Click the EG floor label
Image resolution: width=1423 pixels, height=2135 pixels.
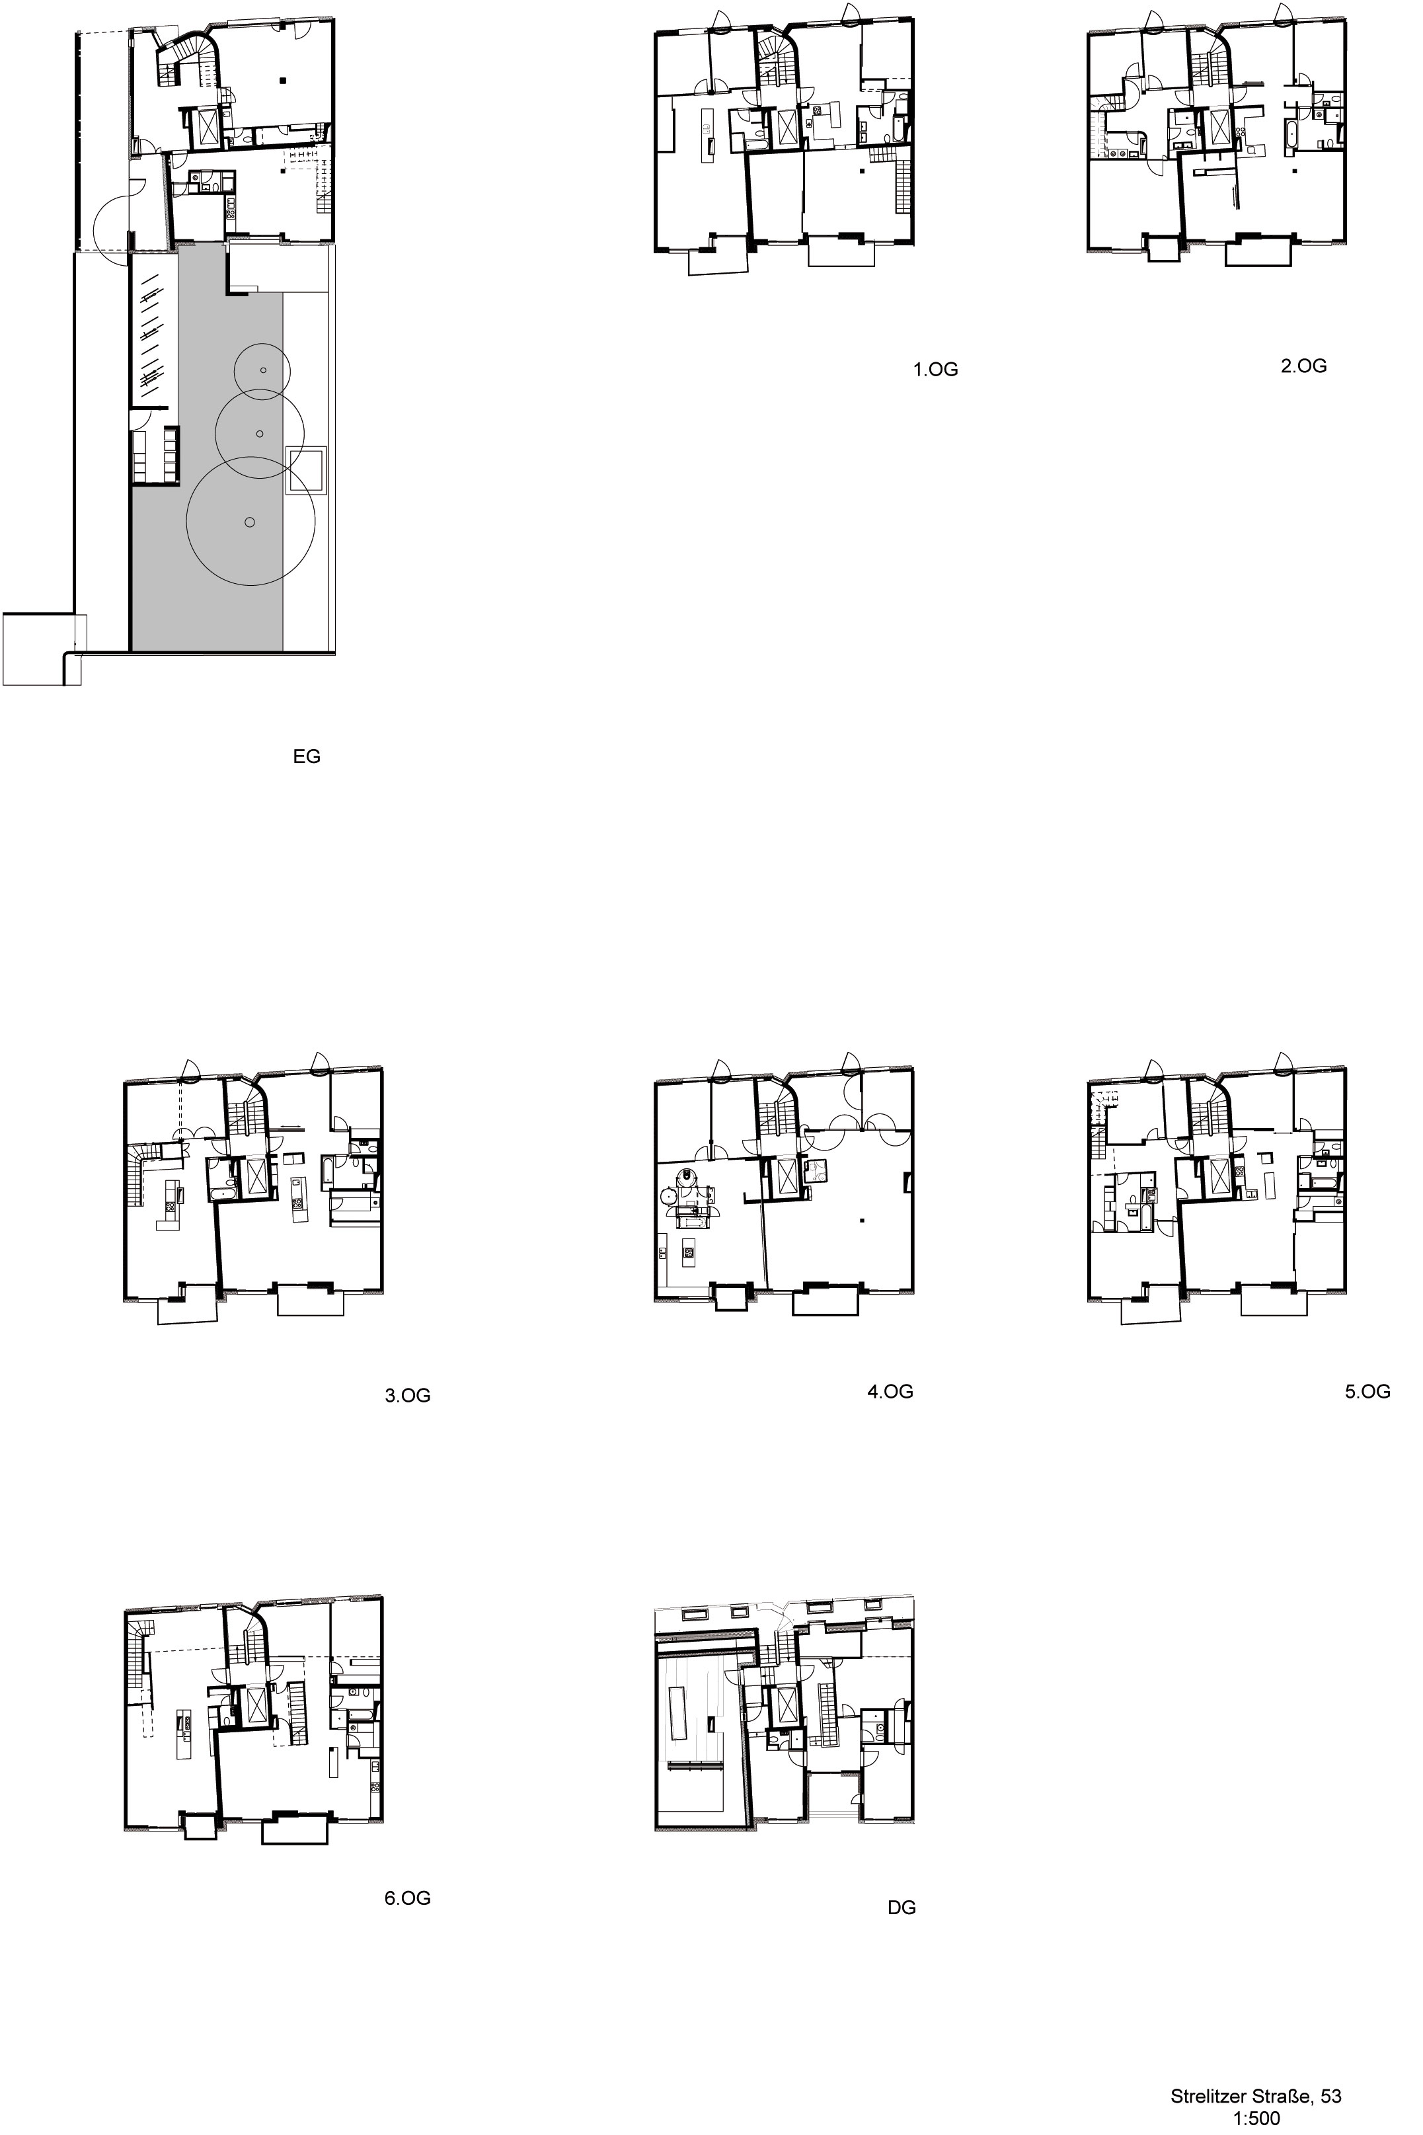click(x=306, y=756)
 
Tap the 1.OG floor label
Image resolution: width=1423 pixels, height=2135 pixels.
click(x=935, y=370)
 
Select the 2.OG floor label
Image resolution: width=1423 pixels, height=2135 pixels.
click(x=1303, y=366)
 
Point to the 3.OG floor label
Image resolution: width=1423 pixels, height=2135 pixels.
click(x=408, y=1395)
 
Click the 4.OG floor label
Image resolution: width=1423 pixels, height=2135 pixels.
click(x=890, y=1390)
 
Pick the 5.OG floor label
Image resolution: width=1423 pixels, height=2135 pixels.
click(x=1367, y=1390)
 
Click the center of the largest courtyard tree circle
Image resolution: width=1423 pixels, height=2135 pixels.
click(x=250, y=521)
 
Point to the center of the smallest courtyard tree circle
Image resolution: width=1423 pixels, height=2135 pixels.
click(x=262, y=370)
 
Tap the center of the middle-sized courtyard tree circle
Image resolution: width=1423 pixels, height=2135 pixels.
click(x=260, y=434)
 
